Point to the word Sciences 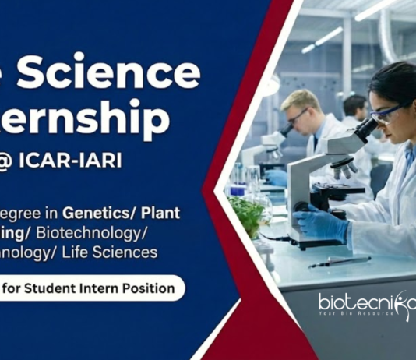pos(125,252)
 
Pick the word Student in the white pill pos(59,288)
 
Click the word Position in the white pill pos(147,288)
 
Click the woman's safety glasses pos(386,114)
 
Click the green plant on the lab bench pos(248,214)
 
